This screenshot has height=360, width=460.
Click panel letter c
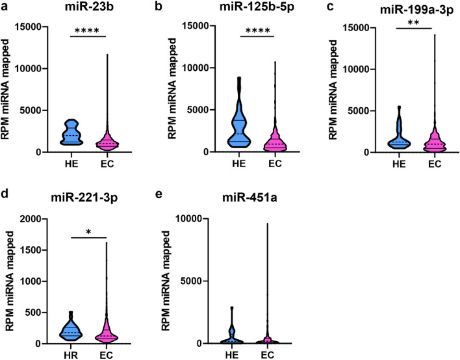pyautogui.click(x=318, y=8)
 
